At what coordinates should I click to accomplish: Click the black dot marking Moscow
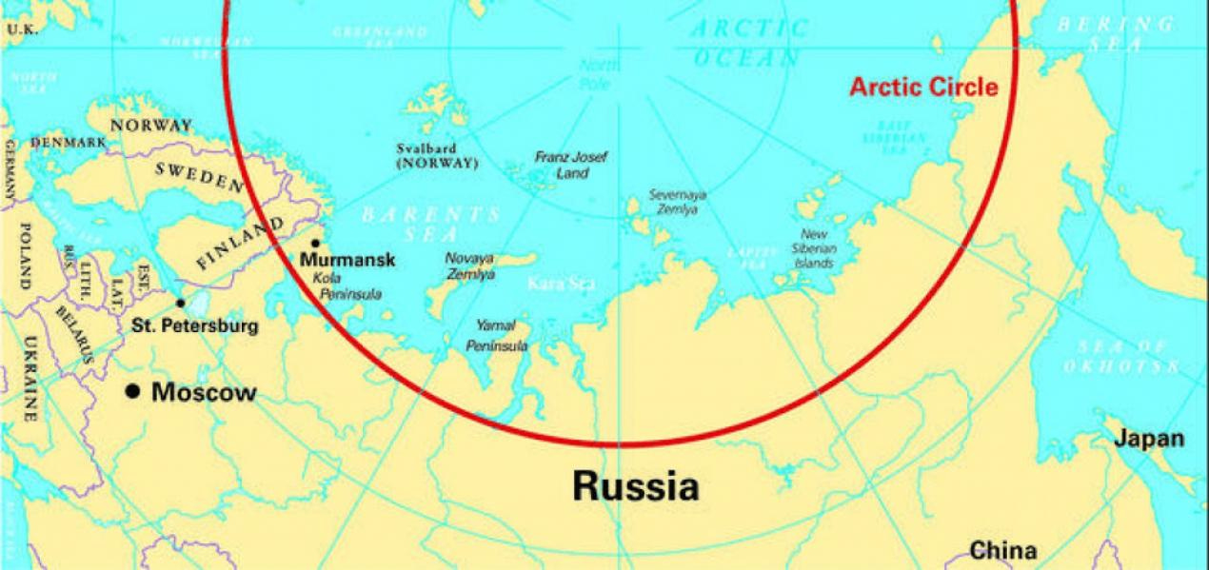[x=134, y=391]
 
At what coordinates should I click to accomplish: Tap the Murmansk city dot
[x=315, y=244]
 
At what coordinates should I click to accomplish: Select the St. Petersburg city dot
[x=181, y=303]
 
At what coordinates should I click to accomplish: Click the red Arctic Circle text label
[x=923, y=88]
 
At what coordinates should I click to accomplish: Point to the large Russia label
[x=635, y=486]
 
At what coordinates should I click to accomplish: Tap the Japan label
[x=1150, y=439]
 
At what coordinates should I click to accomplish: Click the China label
[x=1002, y=550]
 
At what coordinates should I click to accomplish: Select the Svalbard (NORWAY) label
[x=438, y=156]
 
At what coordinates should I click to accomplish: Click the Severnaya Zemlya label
[x=678, y=201]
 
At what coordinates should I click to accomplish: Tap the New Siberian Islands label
[x=814, y=247]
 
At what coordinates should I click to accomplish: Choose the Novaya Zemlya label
[x=470, y=265]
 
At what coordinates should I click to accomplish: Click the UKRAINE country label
[x=30, y=378]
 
